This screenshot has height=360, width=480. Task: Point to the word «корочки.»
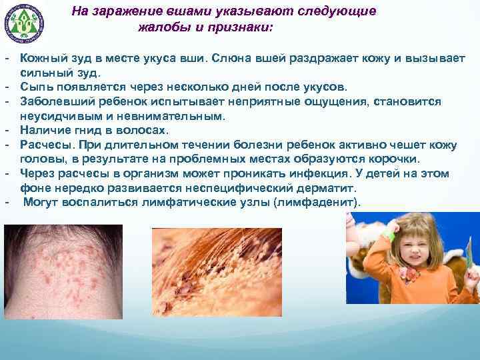[395, 159]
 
